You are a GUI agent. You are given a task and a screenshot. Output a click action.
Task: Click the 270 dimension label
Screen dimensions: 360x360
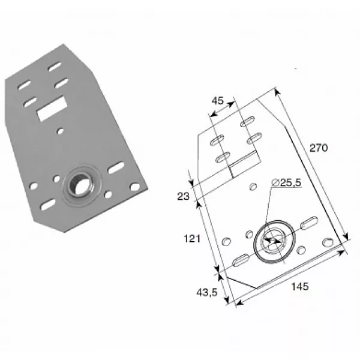click(319, 148)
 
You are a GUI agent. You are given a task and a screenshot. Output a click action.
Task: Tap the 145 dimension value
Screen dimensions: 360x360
click(300, 286)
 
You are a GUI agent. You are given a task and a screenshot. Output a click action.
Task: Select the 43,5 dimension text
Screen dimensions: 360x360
click(207, 293)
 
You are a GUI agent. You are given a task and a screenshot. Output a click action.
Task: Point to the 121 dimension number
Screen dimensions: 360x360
click(192, 239)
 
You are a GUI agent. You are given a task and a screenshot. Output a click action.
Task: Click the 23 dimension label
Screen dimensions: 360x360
click(183, 196)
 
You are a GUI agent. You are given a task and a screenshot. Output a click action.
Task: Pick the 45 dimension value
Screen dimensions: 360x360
click(217, 101)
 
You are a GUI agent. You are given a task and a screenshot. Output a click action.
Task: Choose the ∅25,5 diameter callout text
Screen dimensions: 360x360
click(286, 182)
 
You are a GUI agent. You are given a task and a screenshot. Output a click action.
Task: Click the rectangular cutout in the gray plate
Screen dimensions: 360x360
click(52, 109)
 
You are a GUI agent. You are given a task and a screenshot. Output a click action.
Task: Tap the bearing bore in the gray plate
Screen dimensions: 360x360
click(80, 185)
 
